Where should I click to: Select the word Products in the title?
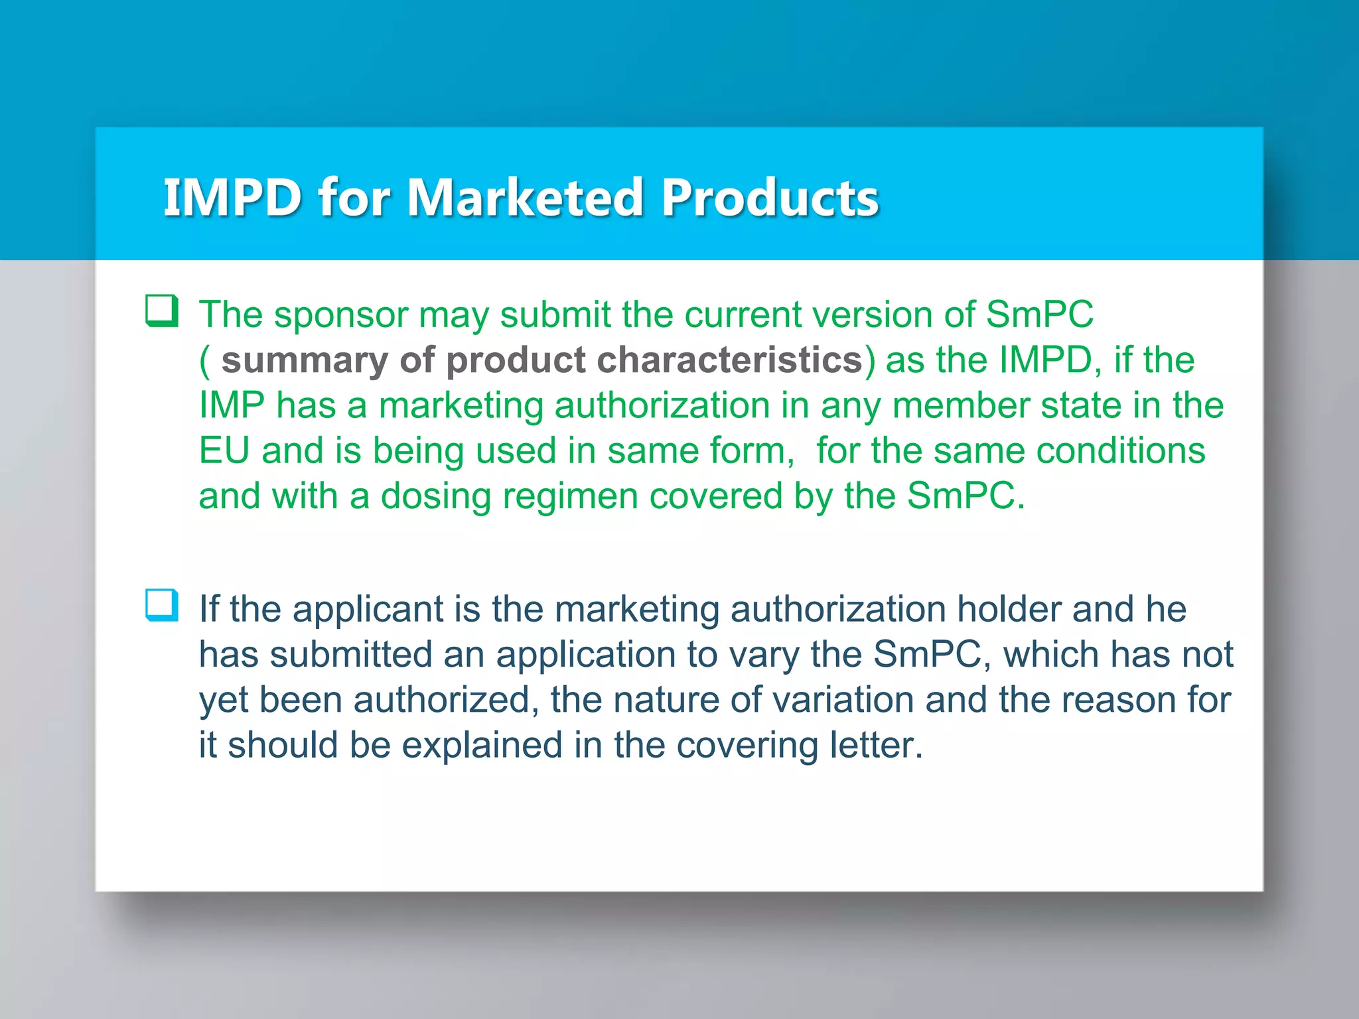pyautogui.click(x=770, y=198)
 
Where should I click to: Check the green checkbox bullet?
pyautogui.click(x=162, y=311)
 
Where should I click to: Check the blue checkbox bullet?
pyautogui.click(x=162, y=605)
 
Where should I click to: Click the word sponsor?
pyautogui.click(x=341, y=315)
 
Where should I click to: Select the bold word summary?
pyautogui.click(x=304, y=360)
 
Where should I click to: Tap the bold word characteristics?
pyautogui.click(x=729, y=360)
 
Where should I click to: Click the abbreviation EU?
pyautogui.click(x=224, y=451)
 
